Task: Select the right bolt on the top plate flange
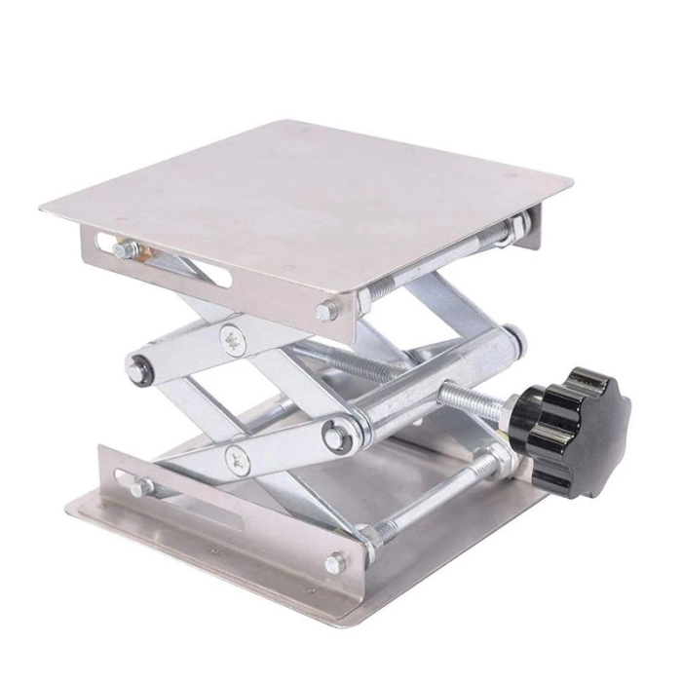click(x=325, y=312)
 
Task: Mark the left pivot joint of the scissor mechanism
click(x=139, y=367)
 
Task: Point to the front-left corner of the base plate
click(x=73, y=508)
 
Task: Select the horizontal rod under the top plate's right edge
click(x=443, y=260)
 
